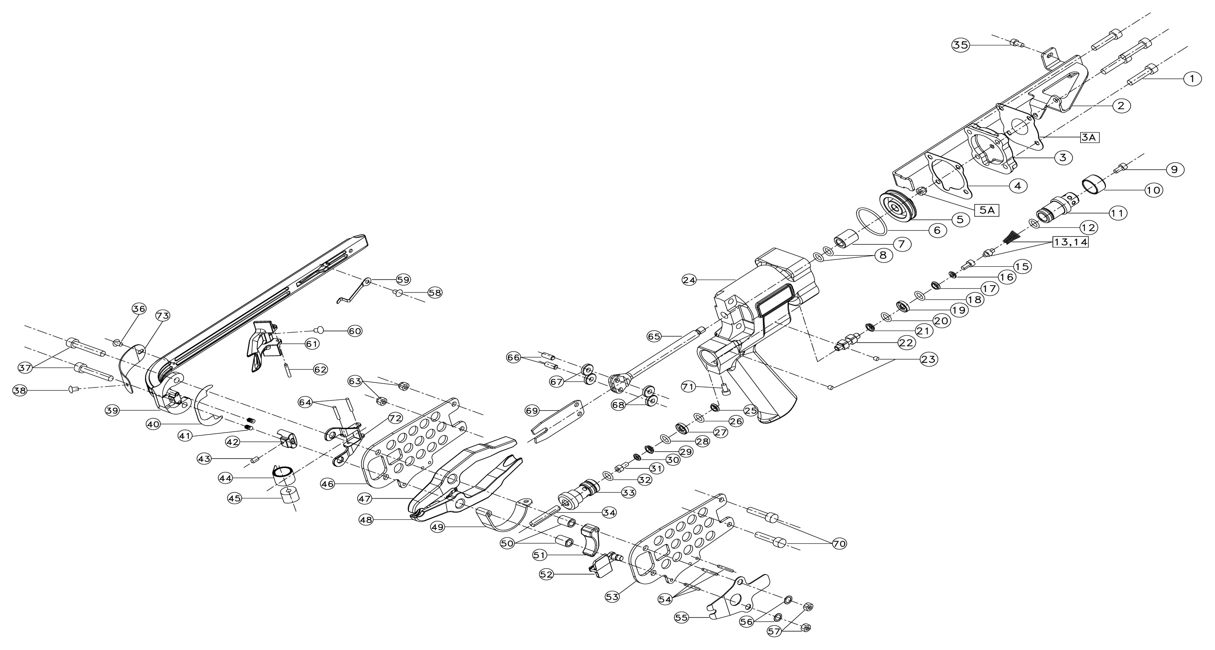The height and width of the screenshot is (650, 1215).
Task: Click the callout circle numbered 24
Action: click(x=689, y=280)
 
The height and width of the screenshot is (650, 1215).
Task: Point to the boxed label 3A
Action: click(x=1090, y=137)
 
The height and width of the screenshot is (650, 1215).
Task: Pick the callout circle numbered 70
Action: click(x=839, y=544)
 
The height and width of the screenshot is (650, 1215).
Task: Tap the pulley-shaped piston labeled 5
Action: click(x=898, y=204)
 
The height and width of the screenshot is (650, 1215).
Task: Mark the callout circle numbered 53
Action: click(x=612, y=596)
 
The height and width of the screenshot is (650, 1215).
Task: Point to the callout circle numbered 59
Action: click(x=403, y=279)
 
